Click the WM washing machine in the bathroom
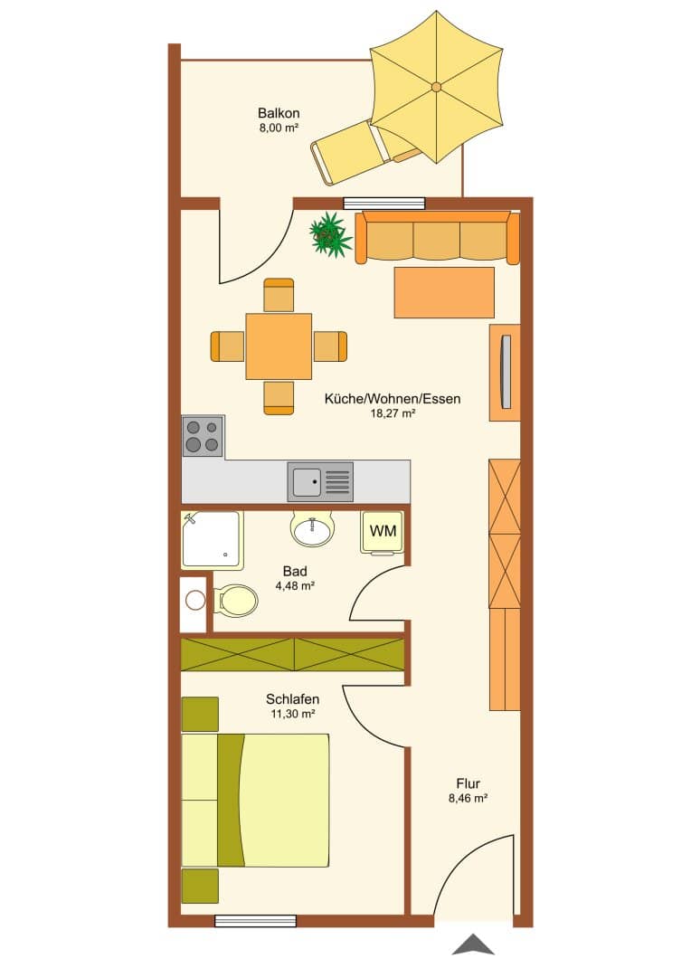click(x=383, y=532)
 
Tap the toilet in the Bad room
click(x=235, y=601)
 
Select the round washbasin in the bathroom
click(x=312, y=529)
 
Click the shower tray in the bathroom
click(x=211, y=539)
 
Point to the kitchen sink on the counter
click(x=319, y=481)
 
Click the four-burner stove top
click(x=203, y=436)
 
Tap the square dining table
click(x=279, y=346)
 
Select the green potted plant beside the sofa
click(x=330, y=234)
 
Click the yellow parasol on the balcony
click(x=436, y=86)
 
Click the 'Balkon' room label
click(x=279, y=113)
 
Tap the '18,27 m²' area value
click(x=393, y=413)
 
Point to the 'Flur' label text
click(x=468, y=783)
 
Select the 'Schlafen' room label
click(x=292, y=699)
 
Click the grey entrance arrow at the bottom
click(x=474, y=944)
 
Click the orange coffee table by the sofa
click(x=444, y=292)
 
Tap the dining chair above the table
click(x=279, y=295)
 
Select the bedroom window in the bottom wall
click(x=255, y=921)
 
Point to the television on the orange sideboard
click(x=506, y=372)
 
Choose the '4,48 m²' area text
click(x=295, y=585)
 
